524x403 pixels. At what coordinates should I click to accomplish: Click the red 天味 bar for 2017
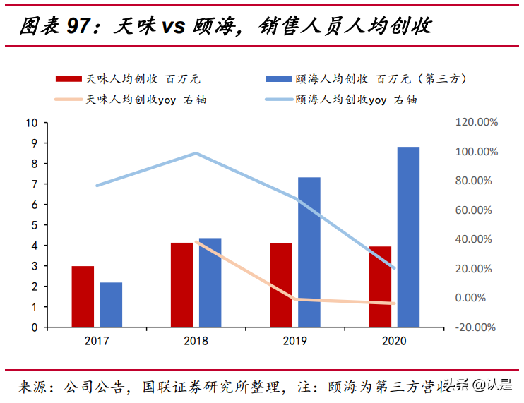(x=83, y=296)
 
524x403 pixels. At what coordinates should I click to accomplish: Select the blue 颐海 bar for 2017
(x=111, y=305)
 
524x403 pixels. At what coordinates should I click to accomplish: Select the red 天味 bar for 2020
(x=379, y=287)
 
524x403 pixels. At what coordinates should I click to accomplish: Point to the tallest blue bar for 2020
(x=408, y=237)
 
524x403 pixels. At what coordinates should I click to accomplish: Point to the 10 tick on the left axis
(x=32, y=122)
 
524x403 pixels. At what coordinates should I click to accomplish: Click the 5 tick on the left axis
(x=35, y=225)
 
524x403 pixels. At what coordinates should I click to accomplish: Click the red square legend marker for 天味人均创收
(x=69, y=79)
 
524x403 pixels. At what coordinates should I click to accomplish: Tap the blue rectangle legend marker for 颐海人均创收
(x=278, y=79)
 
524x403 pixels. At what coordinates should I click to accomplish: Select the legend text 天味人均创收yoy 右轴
(x=146, y=100)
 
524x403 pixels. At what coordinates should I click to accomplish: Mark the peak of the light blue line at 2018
(x=196, y=153)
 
